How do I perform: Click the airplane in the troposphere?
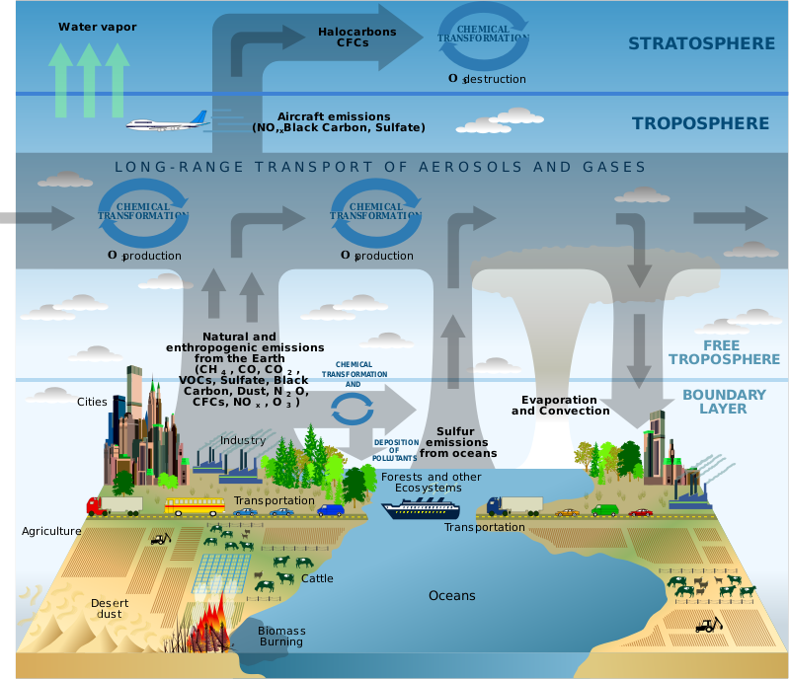[166, 123]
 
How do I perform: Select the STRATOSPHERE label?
[701, 43]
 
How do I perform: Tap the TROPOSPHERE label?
[700, 123]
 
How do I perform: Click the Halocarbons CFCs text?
[356, 37]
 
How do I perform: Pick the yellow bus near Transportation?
[195, 506]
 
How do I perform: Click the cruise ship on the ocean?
[421, 509]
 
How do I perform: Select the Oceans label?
[451, 595]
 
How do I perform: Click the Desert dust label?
[110, 608]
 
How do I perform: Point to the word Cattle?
[317, 578]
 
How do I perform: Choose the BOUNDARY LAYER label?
[724, 402]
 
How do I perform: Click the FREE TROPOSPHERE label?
[729, 352]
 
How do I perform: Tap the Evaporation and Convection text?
[560, 405]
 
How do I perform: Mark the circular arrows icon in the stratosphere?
[483, 38]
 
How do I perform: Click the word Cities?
[92, 402]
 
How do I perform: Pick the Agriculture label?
[51, 531]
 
